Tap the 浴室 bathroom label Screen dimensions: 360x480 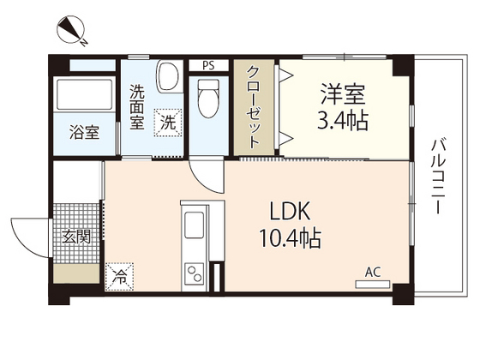point(84,134)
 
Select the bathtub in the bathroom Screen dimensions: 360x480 point(84,95)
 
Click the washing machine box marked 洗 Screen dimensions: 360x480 point(167,122)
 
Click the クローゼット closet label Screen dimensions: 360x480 point(255,107)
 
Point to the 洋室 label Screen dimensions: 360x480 point(343,92)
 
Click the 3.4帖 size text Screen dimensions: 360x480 point(345,120)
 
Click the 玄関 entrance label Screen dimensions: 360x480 point(76,237)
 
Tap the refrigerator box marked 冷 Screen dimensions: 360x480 point(119,277)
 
